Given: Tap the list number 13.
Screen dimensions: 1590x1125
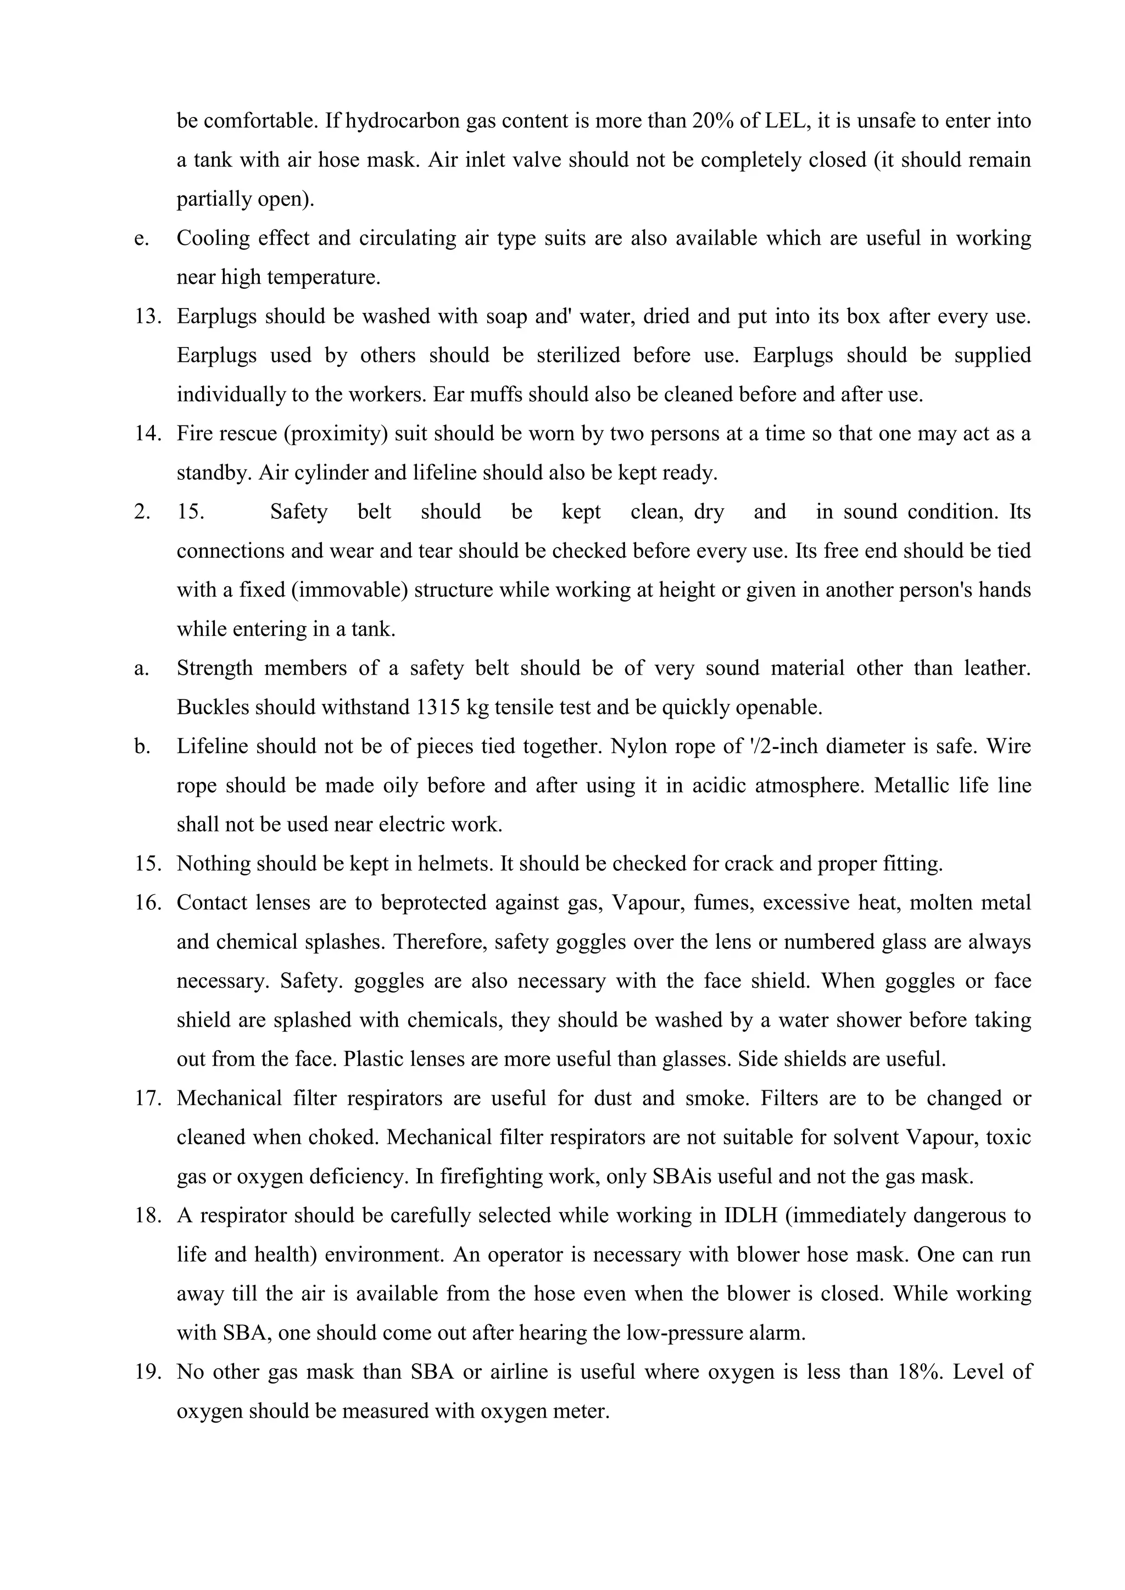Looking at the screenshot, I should [148, 316].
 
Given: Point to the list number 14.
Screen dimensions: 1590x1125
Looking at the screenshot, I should [148, 434].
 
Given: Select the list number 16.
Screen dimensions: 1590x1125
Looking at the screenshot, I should [148, 903].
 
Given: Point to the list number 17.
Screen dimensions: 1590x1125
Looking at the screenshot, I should [148, 1098].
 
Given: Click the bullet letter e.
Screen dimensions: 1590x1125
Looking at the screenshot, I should [141, 239].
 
